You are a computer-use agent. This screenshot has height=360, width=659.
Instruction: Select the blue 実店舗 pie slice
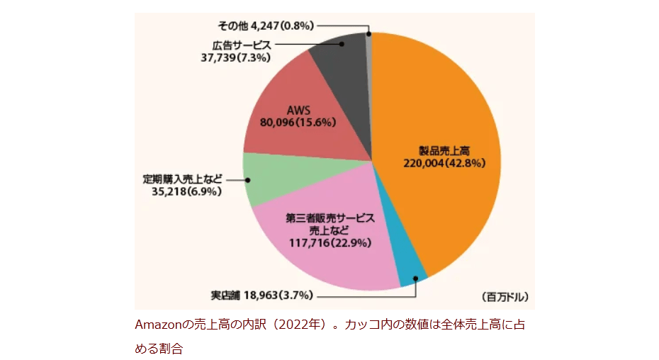[412, 273]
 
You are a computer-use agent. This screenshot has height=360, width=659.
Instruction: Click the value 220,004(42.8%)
[444, 162]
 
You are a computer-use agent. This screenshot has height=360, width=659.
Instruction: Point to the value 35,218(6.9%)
[188, 191]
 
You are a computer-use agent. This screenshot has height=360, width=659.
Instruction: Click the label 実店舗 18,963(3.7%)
[254, 295]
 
